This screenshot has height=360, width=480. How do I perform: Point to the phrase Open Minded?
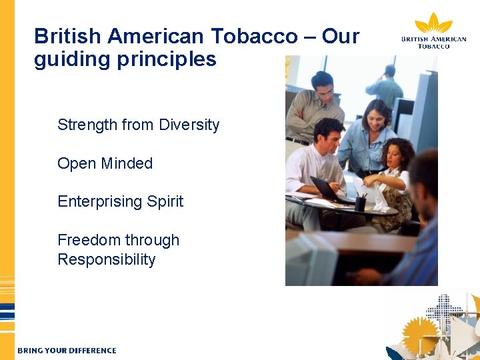[105, 163]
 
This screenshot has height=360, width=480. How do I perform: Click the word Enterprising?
[98, 201]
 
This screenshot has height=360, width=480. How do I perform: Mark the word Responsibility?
[106, 259]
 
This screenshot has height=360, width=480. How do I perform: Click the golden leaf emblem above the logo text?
[433, 23]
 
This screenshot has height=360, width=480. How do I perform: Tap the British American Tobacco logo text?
[433, 42]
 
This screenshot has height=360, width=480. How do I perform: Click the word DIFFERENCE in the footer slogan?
[92, 350]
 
